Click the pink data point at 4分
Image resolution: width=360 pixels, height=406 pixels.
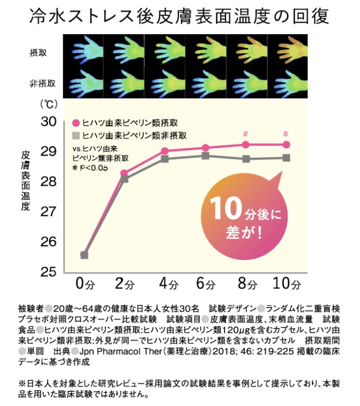[x=164, y=151]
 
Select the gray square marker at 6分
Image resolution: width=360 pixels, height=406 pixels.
[x=205, y=156]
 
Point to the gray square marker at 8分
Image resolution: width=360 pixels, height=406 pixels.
[x=246, y=158]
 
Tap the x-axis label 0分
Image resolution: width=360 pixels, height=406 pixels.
[x=85, y=284]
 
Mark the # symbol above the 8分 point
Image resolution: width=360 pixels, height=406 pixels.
[x=246, y=134]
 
